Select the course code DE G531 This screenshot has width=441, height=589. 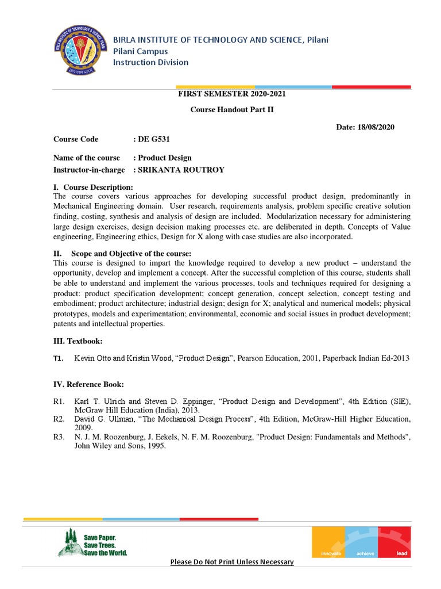(x=153, y=139)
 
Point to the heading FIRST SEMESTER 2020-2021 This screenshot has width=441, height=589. (x=232, y=94)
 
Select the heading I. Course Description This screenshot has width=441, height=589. (x=93, y=188)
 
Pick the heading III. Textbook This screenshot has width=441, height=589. (x=78, y=342)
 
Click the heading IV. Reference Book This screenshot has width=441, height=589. (x=88, y=384)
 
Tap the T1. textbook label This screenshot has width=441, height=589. (x=58, y=358)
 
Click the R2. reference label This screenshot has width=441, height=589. (x=59, y=419)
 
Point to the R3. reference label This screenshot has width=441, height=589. (x=59, y=438)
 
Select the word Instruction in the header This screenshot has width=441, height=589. (x=131, y=62)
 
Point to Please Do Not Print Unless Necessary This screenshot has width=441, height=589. (x=232, y=562)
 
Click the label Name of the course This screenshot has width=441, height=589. (x=87, y=158)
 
